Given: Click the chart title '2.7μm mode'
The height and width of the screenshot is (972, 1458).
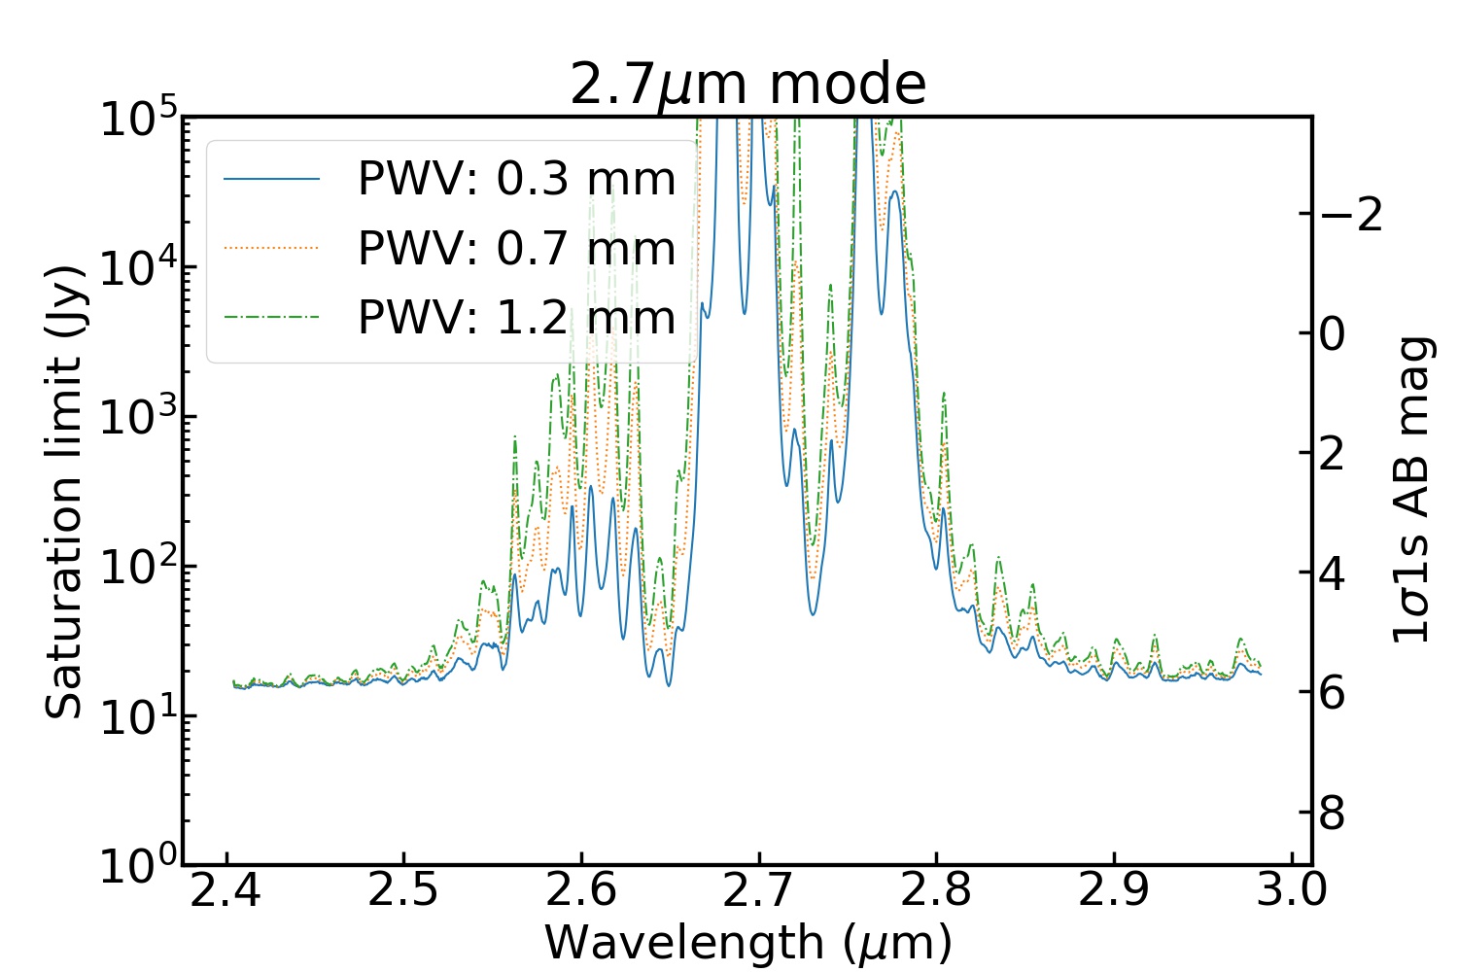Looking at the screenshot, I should tap(747, 85).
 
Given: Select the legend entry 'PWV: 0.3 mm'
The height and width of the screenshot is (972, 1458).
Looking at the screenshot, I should tap(516, 179).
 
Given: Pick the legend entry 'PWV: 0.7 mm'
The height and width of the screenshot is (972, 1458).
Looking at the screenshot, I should tap(516, 249).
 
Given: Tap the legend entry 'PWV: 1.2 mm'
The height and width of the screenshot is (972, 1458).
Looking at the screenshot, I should tap(516, 318).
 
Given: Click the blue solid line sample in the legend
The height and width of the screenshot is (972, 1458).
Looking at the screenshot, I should tap(271, 179).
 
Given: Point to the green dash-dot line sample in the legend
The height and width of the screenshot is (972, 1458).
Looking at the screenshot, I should tap(271, 318).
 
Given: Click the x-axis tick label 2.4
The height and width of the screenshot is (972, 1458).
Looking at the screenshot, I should tap(226, 890).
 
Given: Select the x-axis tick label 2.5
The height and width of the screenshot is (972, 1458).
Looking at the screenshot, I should tap(403, 890).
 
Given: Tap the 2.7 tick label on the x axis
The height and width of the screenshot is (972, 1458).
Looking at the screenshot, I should tap(758, 890).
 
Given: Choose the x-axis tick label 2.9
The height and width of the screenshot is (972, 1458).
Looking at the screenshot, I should tap(1113, 890).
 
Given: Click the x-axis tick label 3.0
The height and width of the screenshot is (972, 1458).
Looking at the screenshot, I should tap(1291, 890).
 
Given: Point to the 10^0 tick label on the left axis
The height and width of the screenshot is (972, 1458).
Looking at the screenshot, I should tap(140, 862).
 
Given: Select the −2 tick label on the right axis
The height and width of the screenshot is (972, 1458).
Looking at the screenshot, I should tap(1351, 215).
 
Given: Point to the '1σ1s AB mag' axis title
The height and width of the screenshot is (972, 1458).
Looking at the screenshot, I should tap(1412, 491).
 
